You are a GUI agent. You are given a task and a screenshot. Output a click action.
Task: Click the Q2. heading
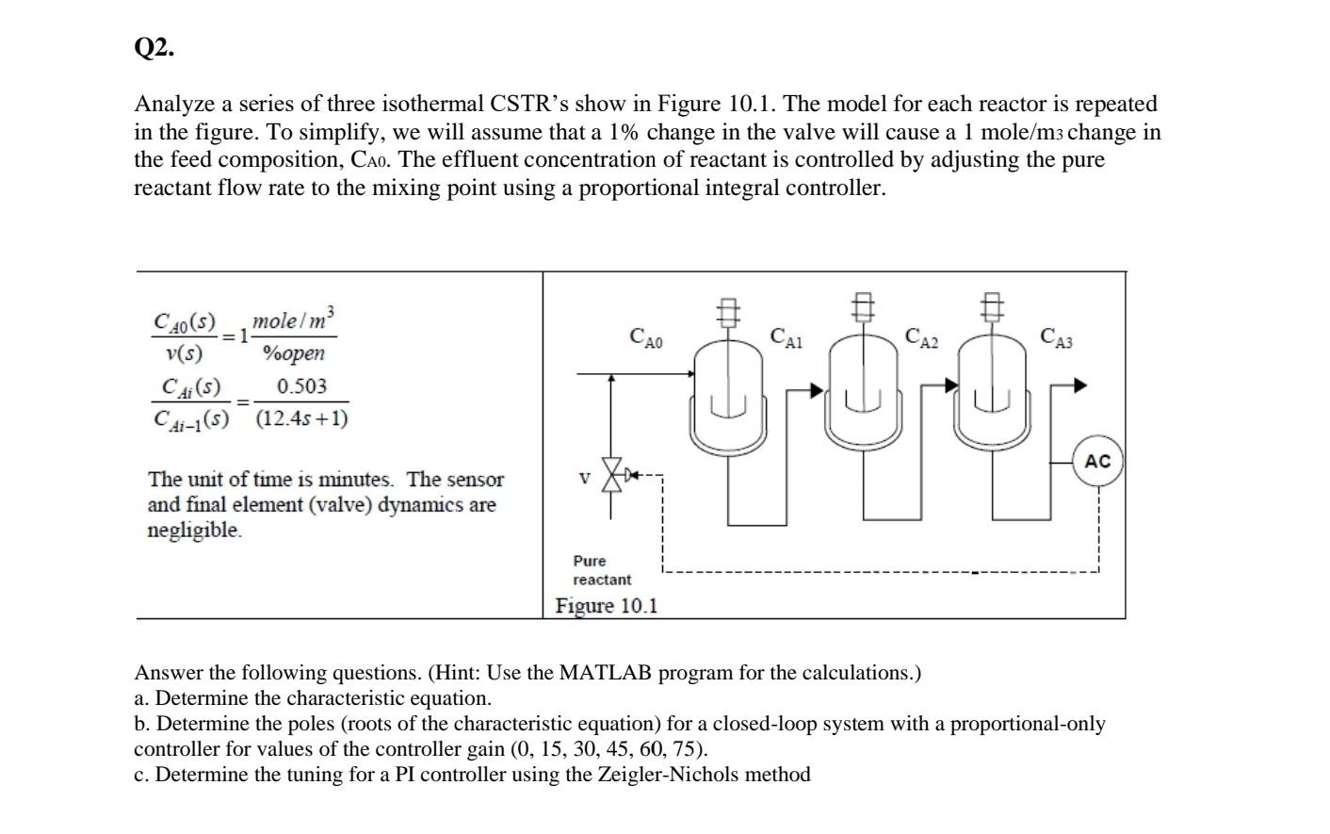154,48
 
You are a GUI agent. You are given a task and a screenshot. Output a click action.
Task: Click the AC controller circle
1097,461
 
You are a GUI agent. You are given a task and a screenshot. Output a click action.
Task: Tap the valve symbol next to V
614,475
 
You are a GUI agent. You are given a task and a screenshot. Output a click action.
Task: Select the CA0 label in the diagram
646,336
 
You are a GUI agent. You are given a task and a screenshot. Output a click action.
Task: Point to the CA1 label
786,336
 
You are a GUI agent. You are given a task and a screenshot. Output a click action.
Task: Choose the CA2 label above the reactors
921,336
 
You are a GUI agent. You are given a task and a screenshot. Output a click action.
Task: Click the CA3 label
1056,336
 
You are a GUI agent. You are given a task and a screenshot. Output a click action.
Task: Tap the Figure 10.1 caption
607,606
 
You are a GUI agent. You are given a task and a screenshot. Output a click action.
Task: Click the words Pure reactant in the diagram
601,570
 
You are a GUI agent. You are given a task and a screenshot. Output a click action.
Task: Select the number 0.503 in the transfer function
301,386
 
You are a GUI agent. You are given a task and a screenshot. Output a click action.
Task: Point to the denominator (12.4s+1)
301,417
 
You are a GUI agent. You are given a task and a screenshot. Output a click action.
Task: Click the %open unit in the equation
293,353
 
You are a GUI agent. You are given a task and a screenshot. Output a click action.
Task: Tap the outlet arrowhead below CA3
1079,384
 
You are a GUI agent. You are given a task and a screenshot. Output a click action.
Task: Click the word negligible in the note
194,531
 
